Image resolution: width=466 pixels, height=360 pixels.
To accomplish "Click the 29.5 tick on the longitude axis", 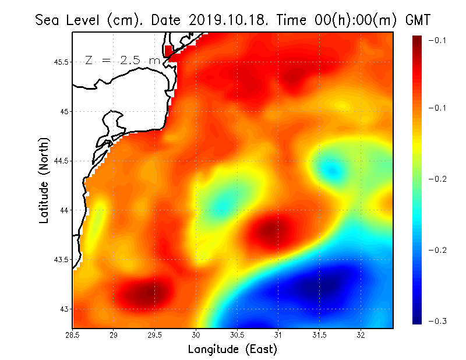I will click(155, 335).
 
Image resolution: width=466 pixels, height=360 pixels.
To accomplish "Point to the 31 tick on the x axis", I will click(278, 335).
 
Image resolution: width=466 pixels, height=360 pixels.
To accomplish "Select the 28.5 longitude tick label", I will click(73, 335).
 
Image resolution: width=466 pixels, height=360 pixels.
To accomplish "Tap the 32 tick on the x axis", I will click(361, 335).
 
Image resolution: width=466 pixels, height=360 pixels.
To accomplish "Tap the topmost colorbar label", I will click(437, 40).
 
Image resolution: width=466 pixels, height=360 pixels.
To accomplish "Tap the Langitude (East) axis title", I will click(232, 350).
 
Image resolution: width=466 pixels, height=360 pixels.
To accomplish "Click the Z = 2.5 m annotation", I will click(122, 60).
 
